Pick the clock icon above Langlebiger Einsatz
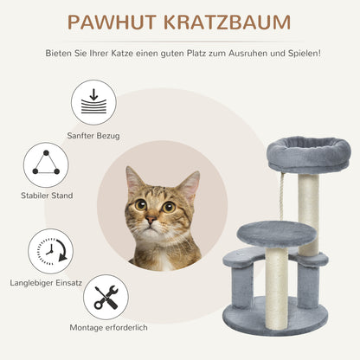tap(49, 251)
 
